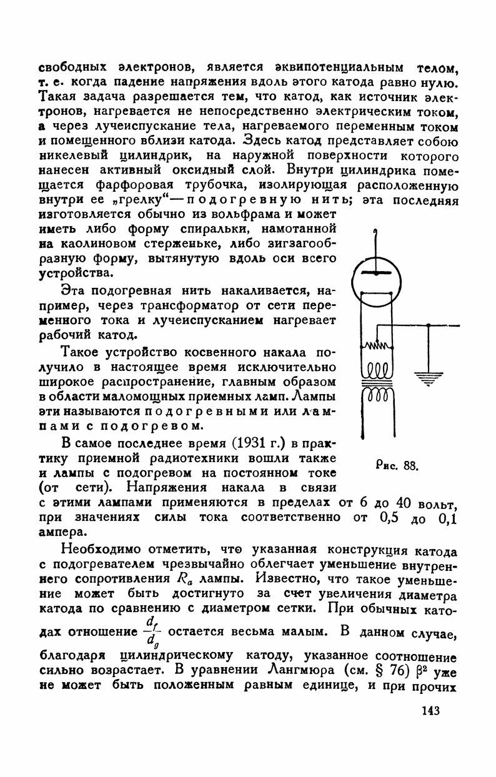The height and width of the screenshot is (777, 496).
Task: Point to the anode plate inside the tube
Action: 375,274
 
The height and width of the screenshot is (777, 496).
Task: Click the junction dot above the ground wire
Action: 429,325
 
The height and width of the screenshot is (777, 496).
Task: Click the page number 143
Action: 431,710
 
